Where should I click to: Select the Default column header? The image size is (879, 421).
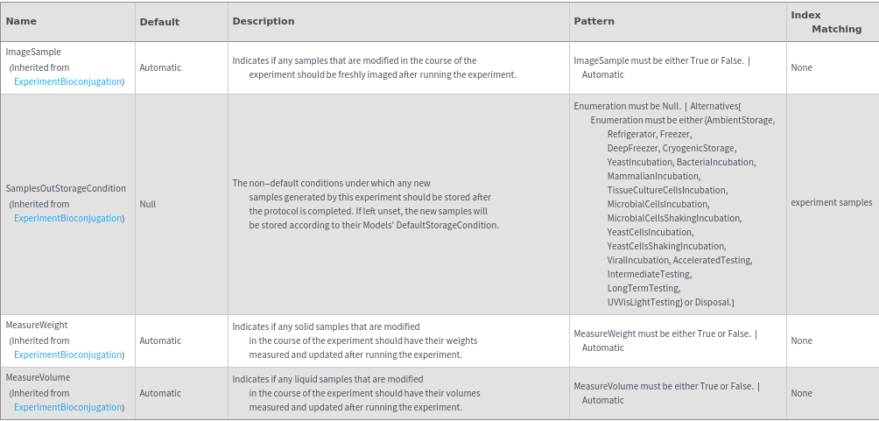[159, 22]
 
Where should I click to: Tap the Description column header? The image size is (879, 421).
[264, 21]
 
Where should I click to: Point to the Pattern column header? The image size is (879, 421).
[594, 21]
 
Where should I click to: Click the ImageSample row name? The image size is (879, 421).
[33, 53]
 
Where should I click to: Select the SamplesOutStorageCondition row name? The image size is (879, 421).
[66, 189]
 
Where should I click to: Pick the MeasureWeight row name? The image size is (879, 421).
[37, 326]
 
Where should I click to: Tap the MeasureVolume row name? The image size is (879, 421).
[38, 378]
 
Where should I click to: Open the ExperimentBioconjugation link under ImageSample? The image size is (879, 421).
[68, 82]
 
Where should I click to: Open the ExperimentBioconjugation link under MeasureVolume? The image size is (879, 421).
[68, 408]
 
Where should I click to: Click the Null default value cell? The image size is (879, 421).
[147, 204]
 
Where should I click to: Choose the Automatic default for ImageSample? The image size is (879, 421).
[160, 67]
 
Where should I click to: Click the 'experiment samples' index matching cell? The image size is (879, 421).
[831, 203]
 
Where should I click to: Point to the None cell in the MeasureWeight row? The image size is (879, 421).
[801, 341]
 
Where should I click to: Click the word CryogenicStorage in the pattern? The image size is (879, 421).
[699, 149]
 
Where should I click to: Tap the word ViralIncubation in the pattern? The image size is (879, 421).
[638, 261]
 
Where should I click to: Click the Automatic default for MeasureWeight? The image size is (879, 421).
[160, 341]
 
